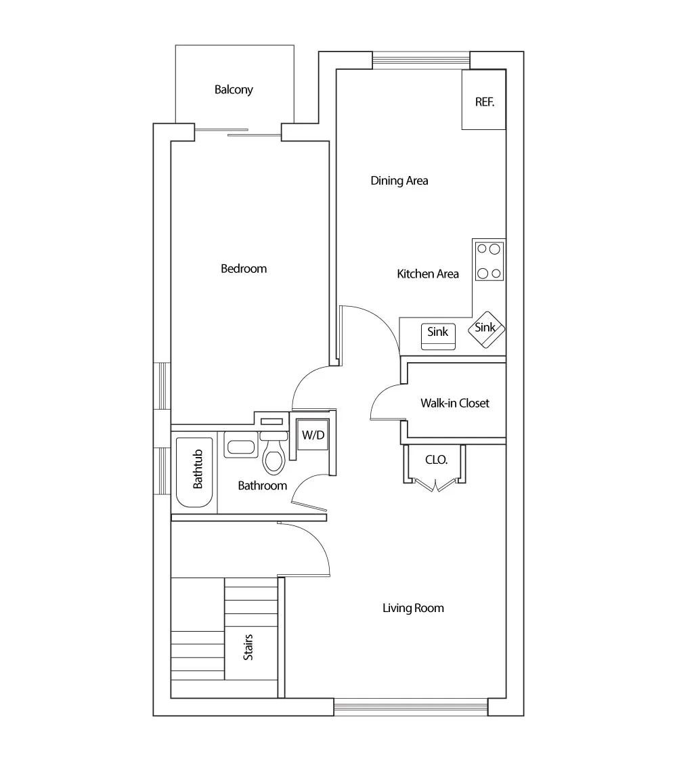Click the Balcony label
234,89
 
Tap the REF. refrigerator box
484,102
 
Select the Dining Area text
399,181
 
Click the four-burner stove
489,261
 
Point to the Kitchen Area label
428,274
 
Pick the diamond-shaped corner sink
486,328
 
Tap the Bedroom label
244,269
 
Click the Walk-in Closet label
455,403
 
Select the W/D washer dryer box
313,435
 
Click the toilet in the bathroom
274,459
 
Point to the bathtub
195,472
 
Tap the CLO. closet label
436,459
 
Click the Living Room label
413,608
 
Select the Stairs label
248,647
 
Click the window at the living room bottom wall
411,708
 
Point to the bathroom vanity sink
240,447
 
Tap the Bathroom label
262,485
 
